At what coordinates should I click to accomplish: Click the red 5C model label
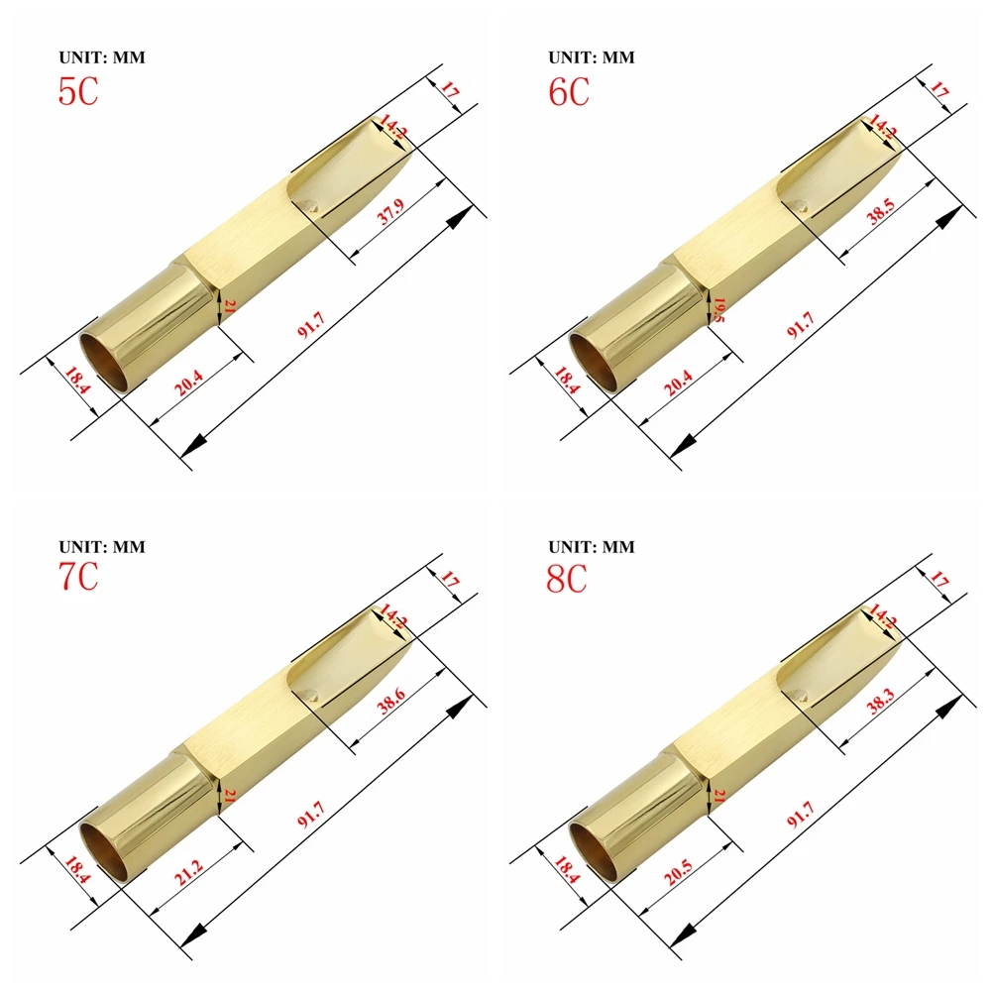click(x=78, y=91)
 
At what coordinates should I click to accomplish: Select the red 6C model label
click(x=568, y=91)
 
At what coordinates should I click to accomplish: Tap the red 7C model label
click(x=78, y=577)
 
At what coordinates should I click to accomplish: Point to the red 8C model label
click(x=568, y=577)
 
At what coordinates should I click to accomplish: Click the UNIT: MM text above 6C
click(x=591, y=57)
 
